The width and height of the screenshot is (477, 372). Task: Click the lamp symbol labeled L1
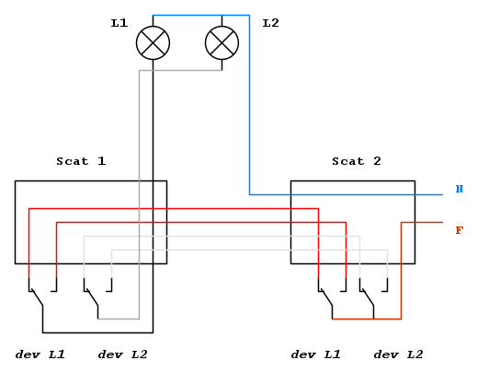[153, 43]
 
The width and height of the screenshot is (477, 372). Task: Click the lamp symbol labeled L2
[221, 43]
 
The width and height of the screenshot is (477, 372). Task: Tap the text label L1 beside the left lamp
[119, 23]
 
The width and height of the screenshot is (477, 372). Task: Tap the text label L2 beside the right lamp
[271, 23]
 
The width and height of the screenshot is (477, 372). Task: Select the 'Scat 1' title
[81, 161]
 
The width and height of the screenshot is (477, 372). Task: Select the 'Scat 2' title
[357, 161]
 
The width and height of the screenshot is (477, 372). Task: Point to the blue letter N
[460, 189]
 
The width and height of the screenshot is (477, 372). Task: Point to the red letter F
[460, 230]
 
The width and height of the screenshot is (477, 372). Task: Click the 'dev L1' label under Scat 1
[40, 355]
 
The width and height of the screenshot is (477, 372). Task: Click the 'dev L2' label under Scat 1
[123, 355]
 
